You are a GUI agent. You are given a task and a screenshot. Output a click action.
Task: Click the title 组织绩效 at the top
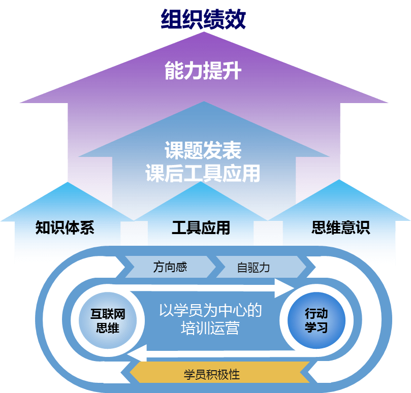(x=203, y=20)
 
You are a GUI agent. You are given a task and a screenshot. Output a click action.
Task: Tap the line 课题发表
(x=203, y=150)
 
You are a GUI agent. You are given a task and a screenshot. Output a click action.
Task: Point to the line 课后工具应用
(x=203, y=173)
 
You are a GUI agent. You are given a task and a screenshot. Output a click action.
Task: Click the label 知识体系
(x=65, y=227)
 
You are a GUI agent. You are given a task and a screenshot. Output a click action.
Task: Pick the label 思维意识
(x=340, y=227)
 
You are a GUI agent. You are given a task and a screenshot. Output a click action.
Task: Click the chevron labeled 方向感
(x=170, y=267)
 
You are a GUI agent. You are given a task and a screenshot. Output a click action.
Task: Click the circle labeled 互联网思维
(x=108, y=321)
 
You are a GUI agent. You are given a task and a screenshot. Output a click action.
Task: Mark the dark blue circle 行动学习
(x=316, y=320)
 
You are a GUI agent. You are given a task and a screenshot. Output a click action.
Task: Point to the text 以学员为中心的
(x=210, y=310)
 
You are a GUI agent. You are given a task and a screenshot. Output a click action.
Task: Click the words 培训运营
(x=210, y=329)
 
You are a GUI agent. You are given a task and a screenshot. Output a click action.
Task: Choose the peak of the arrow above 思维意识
(x=339, y=182)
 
